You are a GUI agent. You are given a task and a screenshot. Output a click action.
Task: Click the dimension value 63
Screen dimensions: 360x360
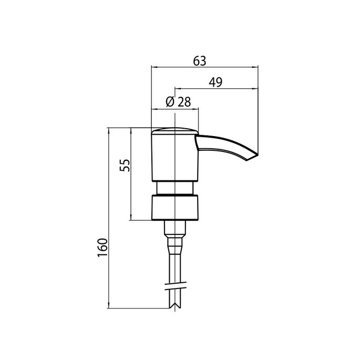click(200, 61)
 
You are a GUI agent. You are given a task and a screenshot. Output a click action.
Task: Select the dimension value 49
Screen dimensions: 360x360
click(215, 82)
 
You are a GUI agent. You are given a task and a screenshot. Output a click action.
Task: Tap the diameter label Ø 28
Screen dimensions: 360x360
click(178, 102)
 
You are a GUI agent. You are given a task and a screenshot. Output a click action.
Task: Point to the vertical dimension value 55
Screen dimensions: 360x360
click(125, 166)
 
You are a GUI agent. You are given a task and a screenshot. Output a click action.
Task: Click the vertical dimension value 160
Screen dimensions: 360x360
click(102, 248)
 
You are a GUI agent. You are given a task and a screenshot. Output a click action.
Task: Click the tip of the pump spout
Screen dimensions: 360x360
click(258, 155)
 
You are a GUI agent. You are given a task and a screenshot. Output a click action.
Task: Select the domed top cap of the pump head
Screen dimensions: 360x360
click(174, 131)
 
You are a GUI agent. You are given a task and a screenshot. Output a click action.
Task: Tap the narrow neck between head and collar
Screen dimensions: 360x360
click(175, 188)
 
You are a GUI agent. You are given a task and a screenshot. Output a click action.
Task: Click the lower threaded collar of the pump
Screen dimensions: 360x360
click(175, 207)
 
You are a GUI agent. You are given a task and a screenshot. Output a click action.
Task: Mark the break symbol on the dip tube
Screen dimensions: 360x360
click(176, 285)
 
